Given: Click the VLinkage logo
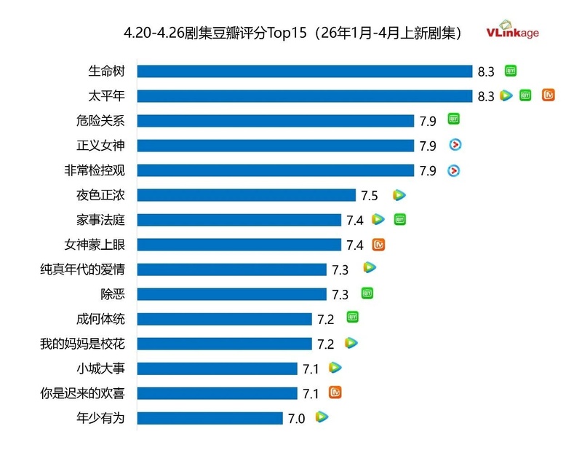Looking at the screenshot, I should (513, 33).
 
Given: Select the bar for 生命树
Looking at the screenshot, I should (305, 71).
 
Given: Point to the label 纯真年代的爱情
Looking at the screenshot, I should (82, 269).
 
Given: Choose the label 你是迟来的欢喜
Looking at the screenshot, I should (82, 393).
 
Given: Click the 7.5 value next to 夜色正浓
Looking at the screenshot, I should (369, 196).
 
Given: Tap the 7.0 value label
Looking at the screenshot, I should (296, 419).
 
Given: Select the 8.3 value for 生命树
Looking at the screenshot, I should (486, 72).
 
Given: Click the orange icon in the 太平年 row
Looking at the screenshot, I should (549, 95).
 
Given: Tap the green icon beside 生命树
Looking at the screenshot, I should (511, 71).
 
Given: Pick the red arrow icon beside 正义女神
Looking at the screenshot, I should (455, 146).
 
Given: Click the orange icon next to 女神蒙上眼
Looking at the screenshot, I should (378, 245).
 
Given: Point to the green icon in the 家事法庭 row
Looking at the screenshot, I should (399, 218).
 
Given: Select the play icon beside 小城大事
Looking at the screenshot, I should (335, 368).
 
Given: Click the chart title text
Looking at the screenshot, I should (293, 33).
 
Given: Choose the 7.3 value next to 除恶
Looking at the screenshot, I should (340, 295).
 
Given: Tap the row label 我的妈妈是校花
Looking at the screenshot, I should (82, 344).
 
